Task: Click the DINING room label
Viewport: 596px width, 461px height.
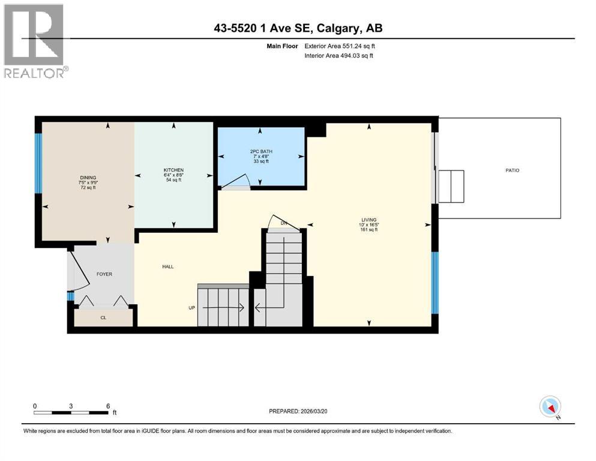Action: [x=88, y=178]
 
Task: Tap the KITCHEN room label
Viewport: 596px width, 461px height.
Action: [x=173, y=170]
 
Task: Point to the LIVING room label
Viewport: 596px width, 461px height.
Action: [x=369, y=220]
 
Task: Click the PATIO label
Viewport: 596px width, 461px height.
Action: [x=512, y=170]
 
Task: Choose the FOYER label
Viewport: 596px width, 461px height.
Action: [x=104, y=274]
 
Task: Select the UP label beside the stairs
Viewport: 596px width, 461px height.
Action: [x=192, y=308]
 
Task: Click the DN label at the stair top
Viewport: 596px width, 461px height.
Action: [x=284, y=223]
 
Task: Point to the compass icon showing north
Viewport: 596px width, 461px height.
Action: [x=550, y=407]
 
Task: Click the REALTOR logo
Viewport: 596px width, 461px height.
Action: [x=34, y=41]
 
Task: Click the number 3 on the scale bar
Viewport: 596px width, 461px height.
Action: [x=71, y=406]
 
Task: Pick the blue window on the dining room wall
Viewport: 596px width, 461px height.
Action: [x=38, y=163]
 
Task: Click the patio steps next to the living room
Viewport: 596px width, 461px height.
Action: [x=451, y=186]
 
